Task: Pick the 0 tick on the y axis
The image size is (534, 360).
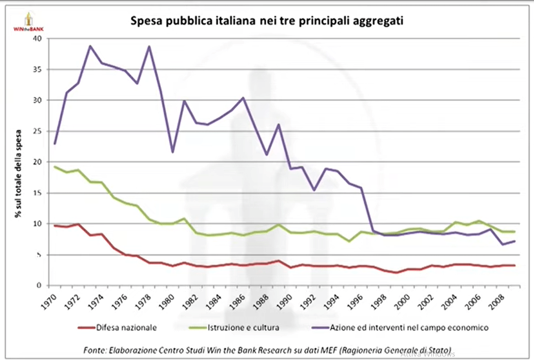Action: (37, 286)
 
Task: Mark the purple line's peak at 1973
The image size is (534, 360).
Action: (90, 46)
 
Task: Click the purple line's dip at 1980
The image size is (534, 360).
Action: (173, 152)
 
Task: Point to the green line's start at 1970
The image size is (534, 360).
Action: (55, 167)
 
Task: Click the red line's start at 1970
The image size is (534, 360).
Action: (55, 226)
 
